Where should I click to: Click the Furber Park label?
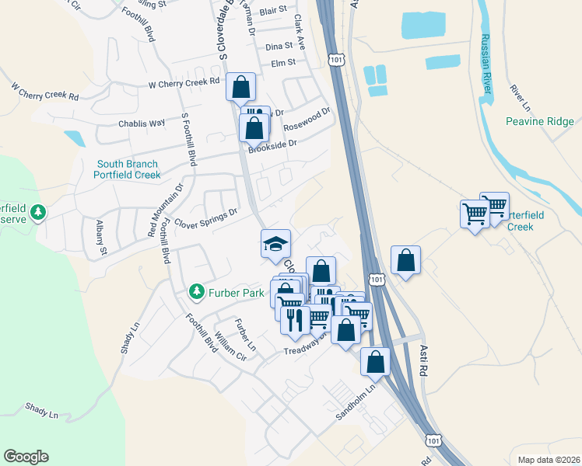(x=237, y=293)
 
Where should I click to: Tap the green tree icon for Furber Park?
(x=197, y=293)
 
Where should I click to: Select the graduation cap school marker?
(x=275, y=244)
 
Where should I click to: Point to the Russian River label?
(x=486, y=65)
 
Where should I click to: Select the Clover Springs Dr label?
(x=205, y=217)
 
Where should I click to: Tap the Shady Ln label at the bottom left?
(x=41, y=409)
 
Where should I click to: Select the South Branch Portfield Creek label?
(x=128, y=169)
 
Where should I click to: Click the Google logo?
(x=26, y=456)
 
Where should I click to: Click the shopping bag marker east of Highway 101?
(x=405, y=260)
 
